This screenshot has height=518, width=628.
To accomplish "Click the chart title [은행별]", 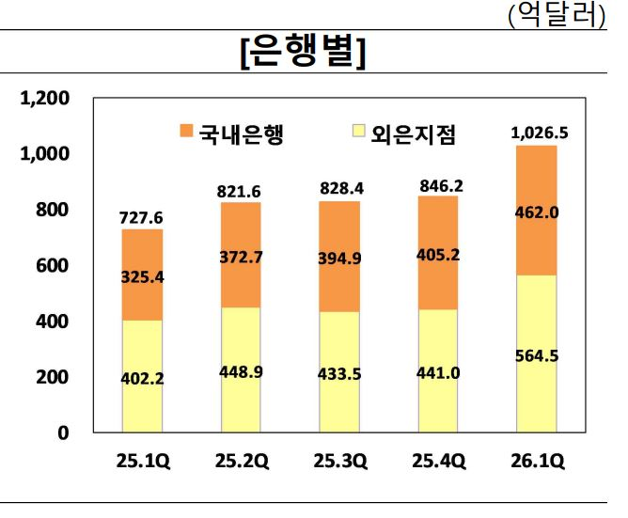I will click(303, 54).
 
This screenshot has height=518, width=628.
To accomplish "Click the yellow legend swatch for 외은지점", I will click(353, 133).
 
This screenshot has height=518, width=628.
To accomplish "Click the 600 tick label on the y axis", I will click(52, 265).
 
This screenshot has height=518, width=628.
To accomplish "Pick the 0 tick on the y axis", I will click(63, 433).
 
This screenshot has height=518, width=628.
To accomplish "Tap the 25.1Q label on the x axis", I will click(142, 462).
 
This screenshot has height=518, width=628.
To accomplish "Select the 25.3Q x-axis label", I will click(339, 462).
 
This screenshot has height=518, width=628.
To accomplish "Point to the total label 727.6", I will click(141, 218).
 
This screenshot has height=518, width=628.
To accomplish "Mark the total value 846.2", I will click(438, 186).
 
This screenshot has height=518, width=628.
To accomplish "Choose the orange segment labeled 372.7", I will click(241, 255).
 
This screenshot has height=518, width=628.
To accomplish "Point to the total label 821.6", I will click(241, 191).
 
